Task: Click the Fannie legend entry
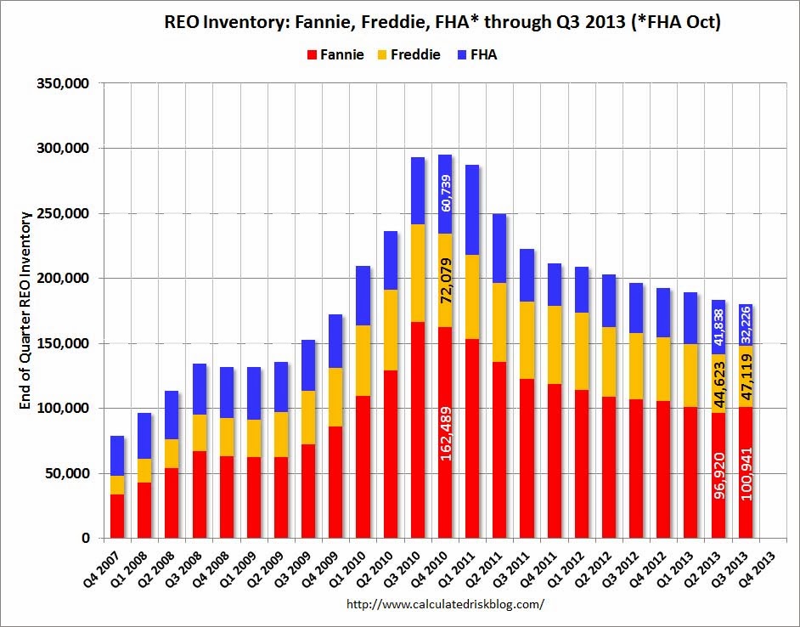tap(336, 55)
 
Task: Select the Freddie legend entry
tap(410, 55)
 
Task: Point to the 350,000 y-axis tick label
tap(65, 83)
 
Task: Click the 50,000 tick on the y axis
tap(69, 473)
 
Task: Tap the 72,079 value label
tap(446, 280)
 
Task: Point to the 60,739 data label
tap(446, 193)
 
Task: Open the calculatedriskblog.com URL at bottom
tap(445, 604)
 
